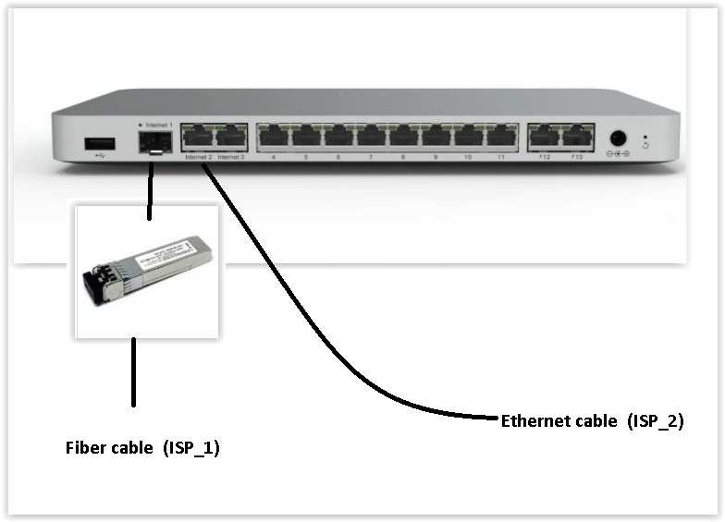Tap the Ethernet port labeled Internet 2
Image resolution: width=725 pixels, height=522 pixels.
click(x=198, y=139)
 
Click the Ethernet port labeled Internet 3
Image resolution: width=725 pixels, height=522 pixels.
click(x=230, y=139)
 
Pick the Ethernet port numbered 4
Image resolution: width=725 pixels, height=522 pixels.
click(x=273, y=139)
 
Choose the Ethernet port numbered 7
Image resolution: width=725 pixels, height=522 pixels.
click(x=371, y=139)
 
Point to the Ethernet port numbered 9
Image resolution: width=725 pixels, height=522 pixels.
click(x=436, y=139)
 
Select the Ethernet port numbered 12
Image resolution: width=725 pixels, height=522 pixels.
click(x=545, y=139)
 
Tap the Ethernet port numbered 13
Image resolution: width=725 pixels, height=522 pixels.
click(x=578, y=139)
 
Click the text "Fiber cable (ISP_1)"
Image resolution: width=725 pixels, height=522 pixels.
click(x=142, y=448)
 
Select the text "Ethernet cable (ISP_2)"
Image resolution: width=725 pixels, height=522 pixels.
click(x=592, y=421)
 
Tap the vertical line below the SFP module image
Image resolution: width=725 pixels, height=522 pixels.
click(x=134, y=371)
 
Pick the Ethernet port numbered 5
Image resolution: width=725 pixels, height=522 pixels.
click(x=306, y=139)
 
